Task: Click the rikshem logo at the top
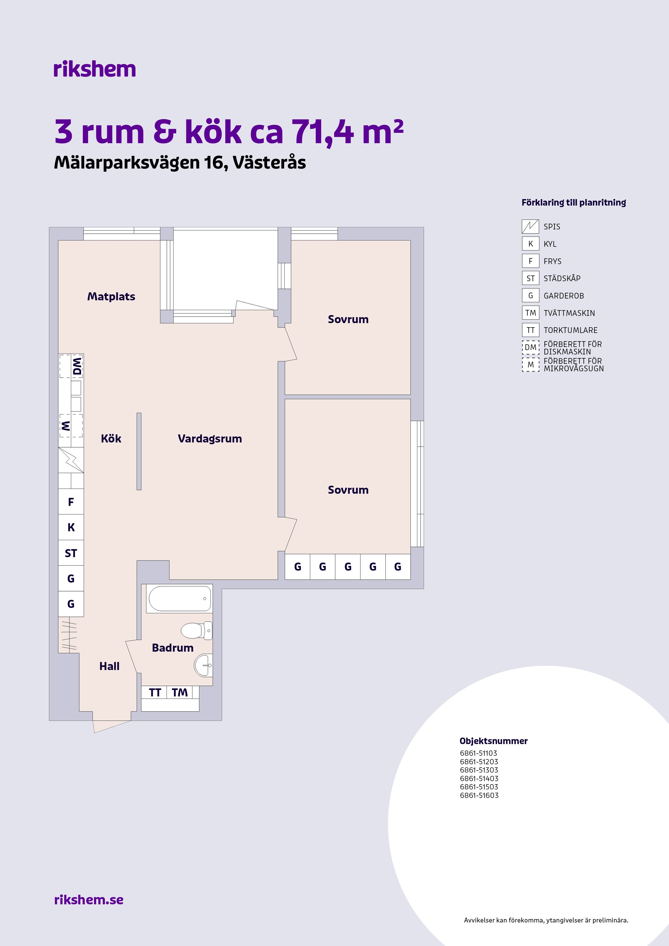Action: point(94,69)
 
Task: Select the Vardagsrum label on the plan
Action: point(210,439)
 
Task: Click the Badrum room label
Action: point(173,648)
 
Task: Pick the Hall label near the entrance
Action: point(109,666)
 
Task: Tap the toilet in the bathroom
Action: point(197,630)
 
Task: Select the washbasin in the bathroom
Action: point(203,665)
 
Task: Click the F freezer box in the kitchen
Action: point(71,502)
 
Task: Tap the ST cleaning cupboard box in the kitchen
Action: point(71,553)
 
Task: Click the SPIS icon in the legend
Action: point(530,226)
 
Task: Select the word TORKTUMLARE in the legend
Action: point(571,330)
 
